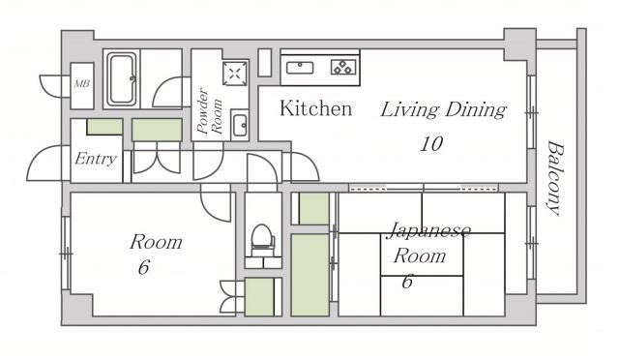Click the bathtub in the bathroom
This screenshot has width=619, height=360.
point(122,79)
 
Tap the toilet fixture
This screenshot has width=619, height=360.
point(262,239)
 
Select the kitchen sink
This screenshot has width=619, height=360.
point(300,68)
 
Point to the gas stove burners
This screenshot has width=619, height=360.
point(343,67)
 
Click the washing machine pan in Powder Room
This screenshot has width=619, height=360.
point(235,74)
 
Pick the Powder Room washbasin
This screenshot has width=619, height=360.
point(240,125)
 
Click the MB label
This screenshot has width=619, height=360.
point(82,84)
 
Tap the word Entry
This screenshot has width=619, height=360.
point(96,159)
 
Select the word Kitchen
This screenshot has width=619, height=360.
point(316,108)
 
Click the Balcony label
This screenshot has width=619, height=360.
point(556,179)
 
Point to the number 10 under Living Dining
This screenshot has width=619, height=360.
point(431,144)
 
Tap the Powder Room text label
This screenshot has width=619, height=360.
point(210,111)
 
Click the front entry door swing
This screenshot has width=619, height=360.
point(44,163)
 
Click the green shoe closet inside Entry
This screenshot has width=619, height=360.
point(104,127)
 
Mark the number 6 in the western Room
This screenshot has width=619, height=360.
point(144,267)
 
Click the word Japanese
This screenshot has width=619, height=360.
point(429,231)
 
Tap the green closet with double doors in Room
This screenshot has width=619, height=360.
point(259,297)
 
